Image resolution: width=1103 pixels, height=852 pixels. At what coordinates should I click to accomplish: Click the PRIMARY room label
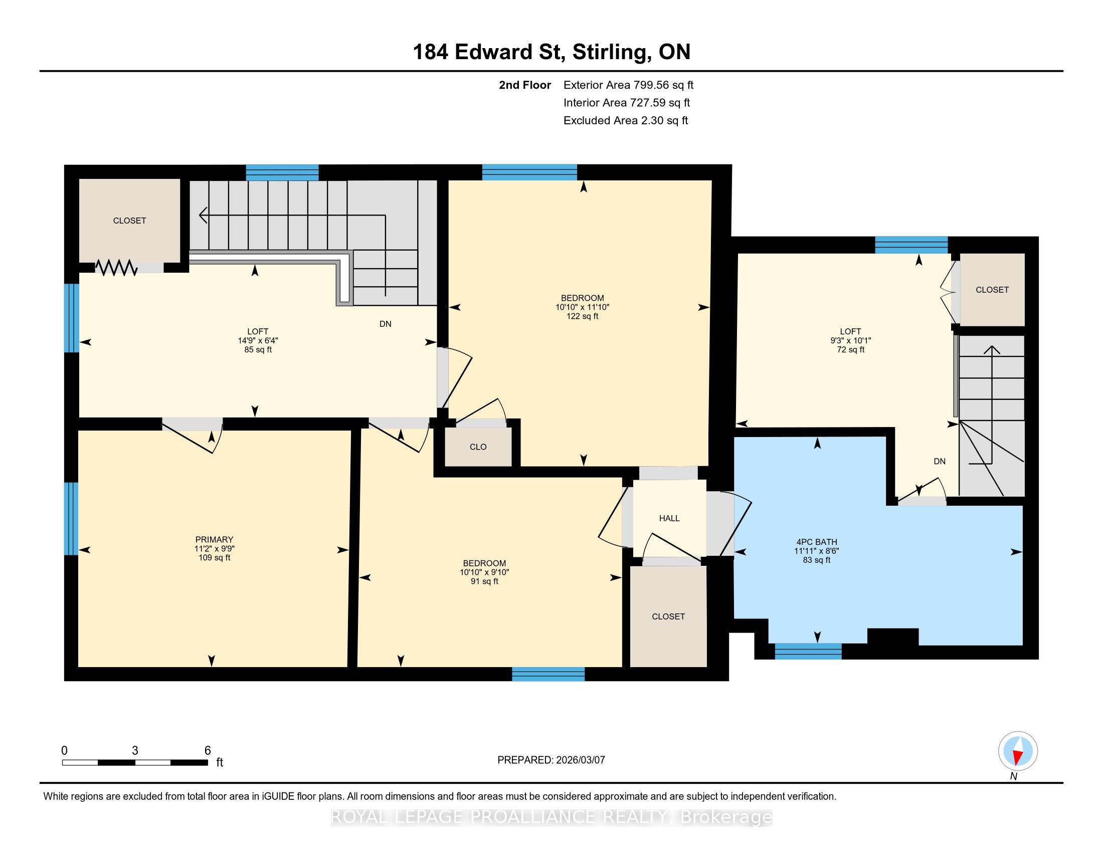[x=214, y=540]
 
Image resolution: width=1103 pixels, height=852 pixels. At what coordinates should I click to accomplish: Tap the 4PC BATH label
[x=817, y=542]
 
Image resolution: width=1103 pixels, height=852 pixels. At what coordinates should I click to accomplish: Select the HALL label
[x=669, y=518]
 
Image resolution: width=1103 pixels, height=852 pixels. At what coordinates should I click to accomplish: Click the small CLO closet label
[x=478, y=447]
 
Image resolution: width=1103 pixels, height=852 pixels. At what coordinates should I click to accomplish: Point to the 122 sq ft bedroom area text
[x=582, y=316]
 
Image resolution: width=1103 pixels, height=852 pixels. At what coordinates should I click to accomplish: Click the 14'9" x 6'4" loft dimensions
[x=258, y=341]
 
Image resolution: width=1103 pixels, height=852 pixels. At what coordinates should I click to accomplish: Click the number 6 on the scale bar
[x=207, y=751]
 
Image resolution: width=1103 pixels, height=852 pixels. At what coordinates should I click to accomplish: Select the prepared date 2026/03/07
[x=580, y=760]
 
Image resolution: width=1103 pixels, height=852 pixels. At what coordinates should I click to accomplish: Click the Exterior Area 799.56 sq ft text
[x=628, y=85]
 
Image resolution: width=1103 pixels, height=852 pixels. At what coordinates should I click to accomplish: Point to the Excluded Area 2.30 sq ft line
[x=626, y=120]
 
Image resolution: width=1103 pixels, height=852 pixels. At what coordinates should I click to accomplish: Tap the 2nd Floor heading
[x=525, y=85]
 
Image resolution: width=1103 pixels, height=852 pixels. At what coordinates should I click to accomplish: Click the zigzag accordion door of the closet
[x=117, y=268]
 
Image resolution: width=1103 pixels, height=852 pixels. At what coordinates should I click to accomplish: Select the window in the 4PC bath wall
[x=808, y=651]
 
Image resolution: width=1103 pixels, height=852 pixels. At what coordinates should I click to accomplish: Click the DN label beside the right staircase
[x=940, y=461]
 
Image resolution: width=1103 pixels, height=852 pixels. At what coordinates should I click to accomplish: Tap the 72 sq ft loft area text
[x=850, y=349]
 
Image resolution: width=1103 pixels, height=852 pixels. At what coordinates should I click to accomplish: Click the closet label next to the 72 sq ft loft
[x=992, y=290]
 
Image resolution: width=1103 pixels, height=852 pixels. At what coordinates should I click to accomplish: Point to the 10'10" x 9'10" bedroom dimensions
[x=484, y=572]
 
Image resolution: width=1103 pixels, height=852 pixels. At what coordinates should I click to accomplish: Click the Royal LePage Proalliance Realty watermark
[x=551, y=817]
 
